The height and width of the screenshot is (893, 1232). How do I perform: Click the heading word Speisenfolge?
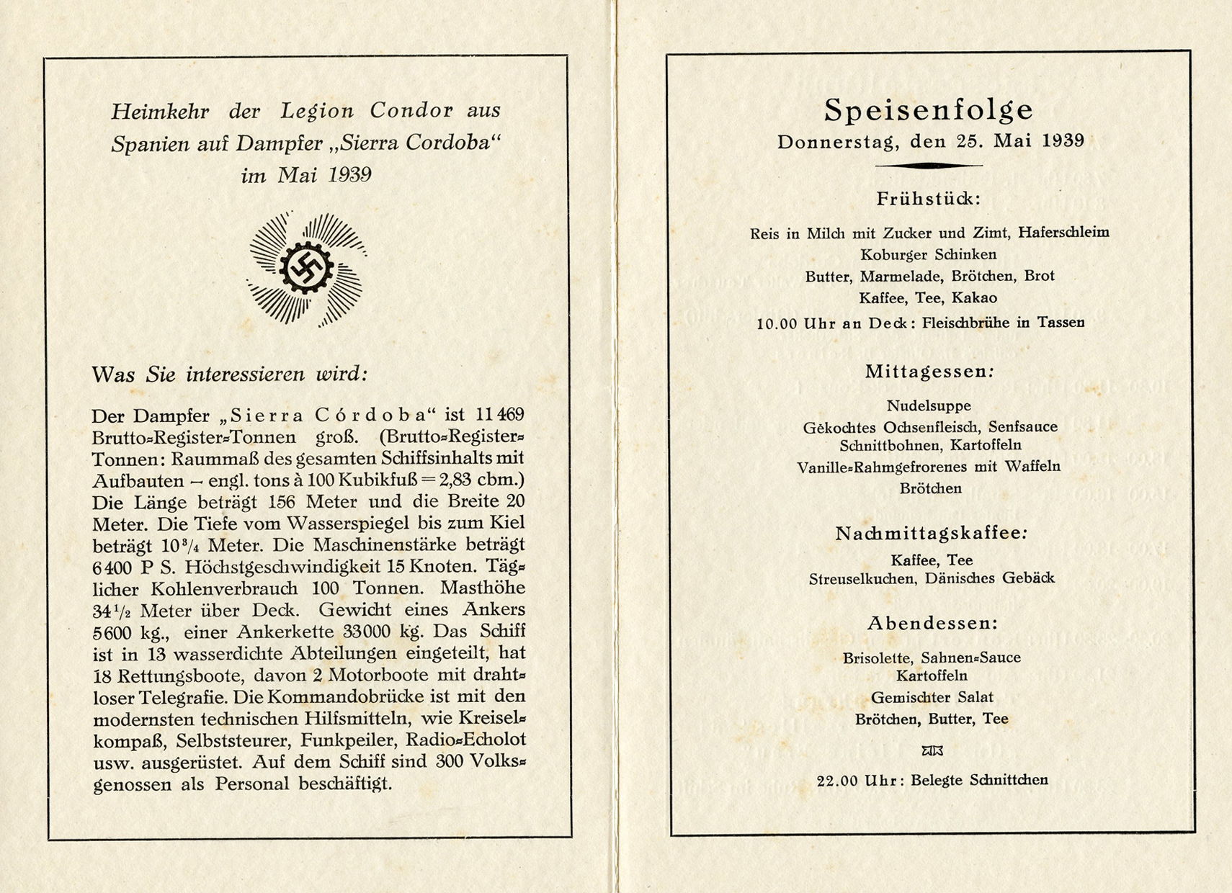tap(929, 110)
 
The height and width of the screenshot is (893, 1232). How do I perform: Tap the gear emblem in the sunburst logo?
tap(307, 268)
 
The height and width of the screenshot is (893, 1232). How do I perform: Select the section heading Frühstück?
tap(929, 199)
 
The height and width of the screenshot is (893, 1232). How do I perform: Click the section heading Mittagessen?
tap(929, 372)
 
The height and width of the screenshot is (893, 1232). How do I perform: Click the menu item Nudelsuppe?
tap(929, 405)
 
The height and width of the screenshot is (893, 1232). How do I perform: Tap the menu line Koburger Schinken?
tap(929, 254)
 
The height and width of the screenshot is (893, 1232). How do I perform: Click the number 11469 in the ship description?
tap(500, 415)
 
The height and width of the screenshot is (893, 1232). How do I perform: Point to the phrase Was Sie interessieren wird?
tap(230, 374)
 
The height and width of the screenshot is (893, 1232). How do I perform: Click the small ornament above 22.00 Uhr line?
tap(932, 751)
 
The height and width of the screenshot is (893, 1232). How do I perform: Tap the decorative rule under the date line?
tap(929, 166)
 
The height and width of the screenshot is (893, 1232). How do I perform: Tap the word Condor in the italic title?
tap(411, 110)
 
